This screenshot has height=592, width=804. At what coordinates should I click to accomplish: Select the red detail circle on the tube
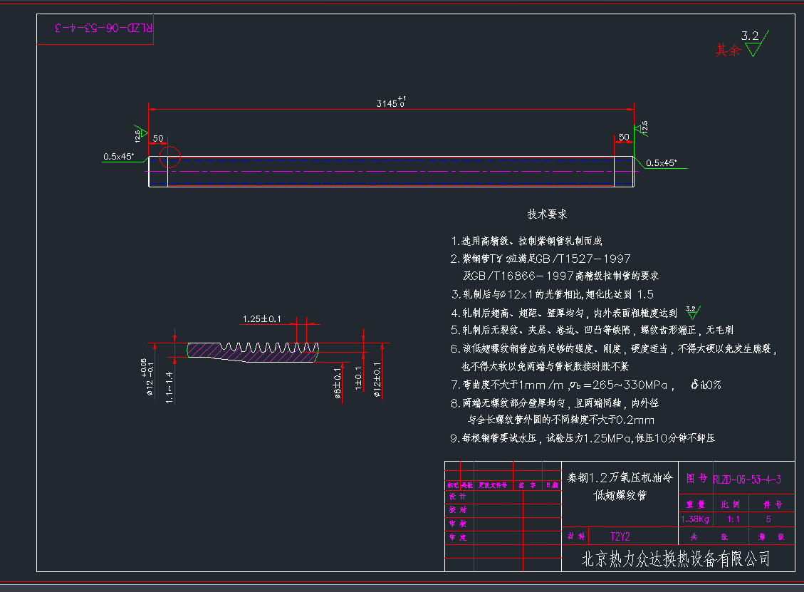[169, 157]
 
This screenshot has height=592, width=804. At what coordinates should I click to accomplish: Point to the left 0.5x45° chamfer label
[118, 156]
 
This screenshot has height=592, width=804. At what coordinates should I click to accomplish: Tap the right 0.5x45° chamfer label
[661, 162]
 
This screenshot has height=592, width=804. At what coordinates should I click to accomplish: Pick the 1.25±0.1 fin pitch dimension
[262, 318]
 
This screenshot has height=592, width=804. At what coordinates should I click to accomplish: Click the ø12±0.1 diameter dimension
[377, 378]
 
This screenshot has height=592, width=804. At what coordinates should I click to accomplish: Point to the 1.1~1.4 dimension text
[169, 387]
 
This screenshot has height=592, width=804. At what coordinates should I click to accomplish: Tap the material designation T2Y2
[620, 536]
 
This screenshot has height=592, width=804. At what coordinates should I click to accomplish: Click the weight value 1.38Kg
[695, 519]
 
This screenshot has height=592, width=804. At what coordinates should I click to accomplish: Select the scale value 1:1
[733, 519]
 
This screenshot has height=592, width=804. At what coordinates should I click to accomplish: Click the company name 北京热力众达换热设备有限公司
[676, 559]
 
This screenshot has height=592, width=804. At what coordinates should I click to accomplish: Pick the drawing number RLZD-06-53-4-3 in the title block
[746, 479]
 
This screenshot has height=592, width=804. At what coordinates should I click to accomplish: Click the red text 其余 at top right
[728, 50]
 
